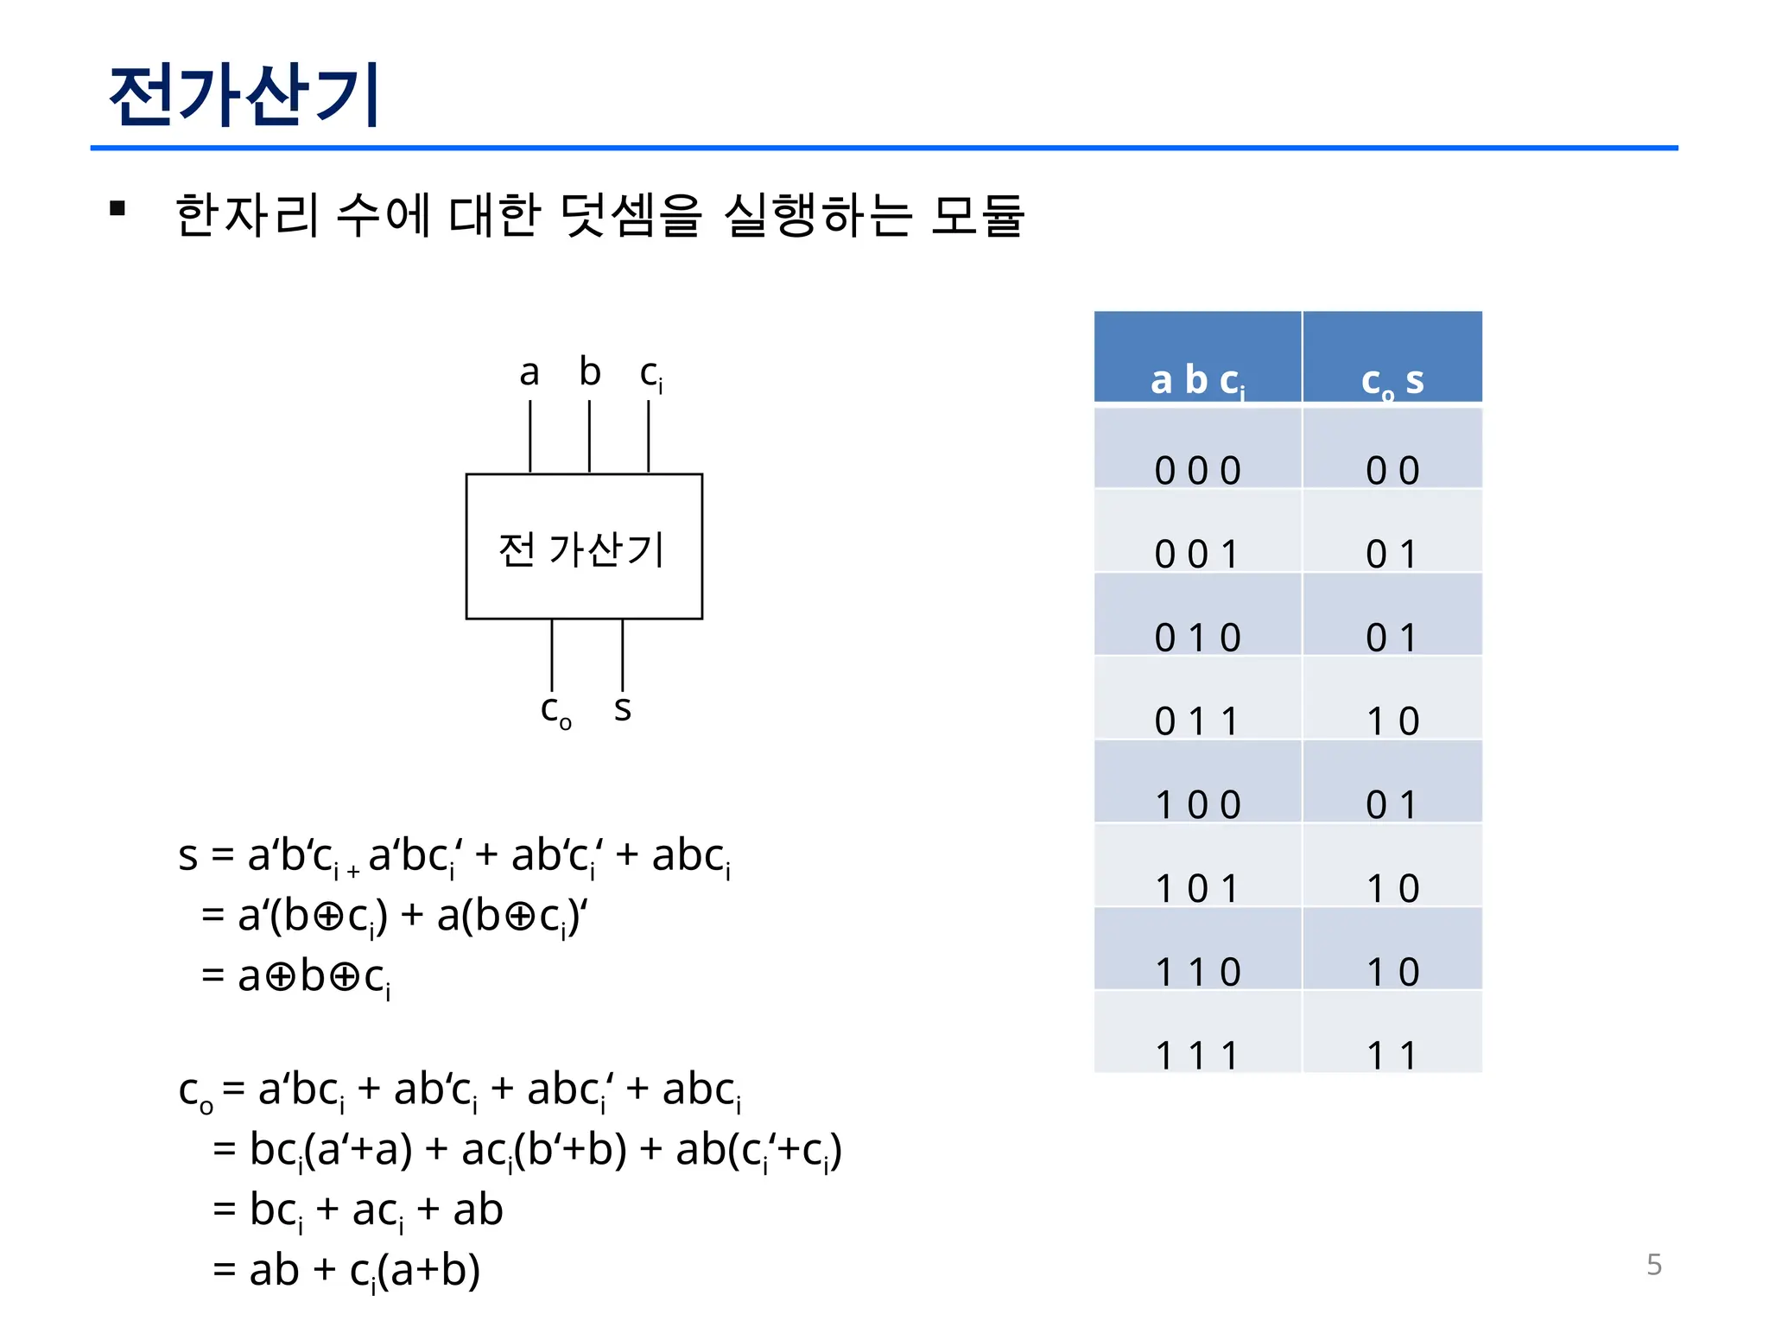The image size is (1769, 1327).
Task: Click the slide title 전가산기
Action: click(244, 94)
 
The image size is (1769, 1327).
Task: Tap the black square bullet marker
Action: click(118, 208)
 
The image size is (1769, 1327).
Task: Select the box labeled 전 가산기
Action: click(584, 546)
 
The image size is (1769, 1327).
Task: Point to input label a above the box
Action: click(529, 373)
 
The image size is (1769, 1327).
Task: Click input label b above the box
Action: click(590, 372)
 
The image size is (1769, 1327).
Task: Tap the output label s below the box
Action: click(623, 708)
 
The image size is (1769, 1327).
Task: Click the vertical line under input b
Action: click(589, 436)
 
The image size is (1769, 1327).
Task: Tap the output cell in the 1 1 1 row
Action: click(1392, 1033)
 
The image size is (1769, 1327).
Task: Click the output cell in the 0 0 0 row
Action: click(1392, 449)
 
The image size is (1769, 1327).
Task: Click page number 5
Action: click(1654, 1265)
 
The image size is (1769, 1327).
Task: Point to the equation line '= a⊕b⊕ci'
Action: click(296, 977)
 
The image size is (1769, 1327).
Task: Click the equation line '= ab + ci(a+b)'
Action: click(346, 1271)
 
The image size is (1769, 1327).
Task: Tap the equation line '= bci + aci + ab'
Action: click(358, 1210)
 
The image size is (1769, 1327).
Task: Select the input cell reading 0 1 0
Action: click(1197, 616)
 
